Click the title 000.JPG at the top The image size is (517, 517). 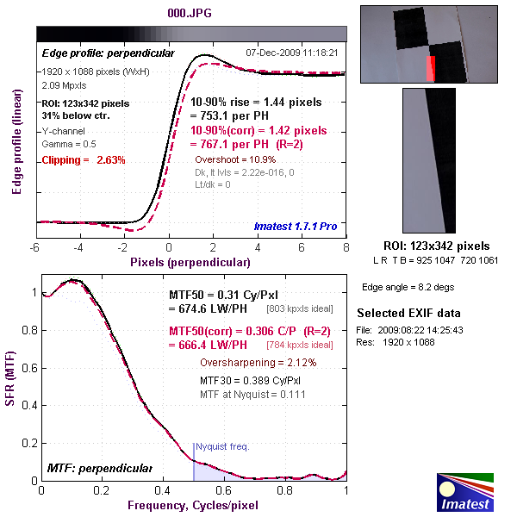point(190,13)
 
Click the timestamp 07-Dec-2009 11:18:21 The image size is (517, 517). point(291,53)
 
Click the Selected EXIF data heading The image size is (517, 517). point(409,313)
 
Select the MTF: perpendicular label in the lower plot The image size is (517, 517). point(98,468)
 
